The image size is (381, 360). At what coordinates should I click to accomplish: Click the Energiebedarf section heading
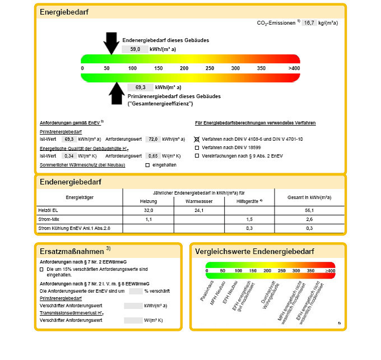click(64, 12)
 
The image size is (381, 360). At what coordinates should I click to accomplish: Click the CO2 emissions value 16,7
click(310, 23)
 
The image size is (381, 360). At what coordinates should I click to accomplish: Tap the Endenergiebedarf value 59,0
click(136, 49)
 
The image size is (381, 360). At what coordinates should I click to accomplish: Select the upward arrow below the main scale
click(117, 93)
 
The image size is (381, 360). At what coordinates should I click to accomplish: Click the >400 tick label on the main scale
click(294, 68)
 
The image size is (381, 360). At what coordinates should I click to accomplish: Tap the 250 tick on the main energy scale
click(210, 68)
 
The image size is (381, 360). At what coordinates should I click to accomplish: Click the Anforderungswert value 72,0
click(153, 139)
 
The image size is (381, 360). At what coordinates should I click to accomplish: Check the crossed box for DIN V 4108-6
click(197, 139)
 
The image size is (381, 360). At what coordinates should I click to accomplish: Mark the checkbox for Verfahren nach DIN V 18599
click(197, 147)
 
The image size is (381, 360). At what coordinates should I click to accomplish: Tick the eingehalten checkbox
click(147, 165)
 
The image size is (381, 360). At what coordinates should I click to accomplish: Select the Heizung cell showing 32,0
click(148, 210)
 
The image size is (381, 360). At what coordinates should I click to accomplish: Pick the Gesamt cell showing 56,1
click(309, 210)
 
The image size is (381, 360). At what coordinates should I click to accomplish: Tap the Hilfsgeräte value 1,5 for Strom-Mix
click(250, 219)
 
